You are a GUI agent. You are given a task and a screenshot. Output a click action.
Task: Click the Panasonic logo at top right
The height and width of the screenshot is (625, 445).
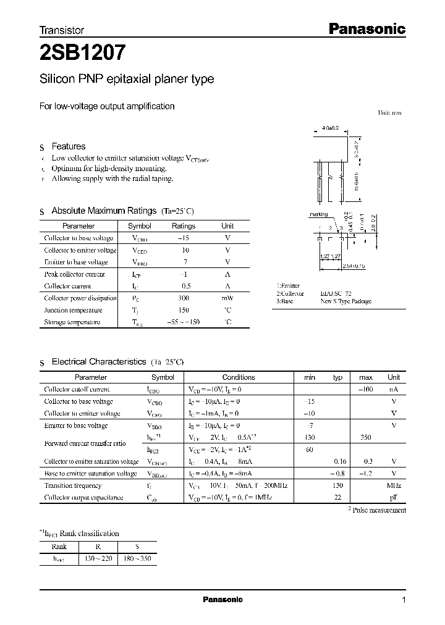point(366,28)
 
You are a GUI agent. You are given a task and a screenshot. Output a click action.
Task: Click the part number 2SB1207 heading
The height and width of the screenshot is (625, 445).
point(83,54)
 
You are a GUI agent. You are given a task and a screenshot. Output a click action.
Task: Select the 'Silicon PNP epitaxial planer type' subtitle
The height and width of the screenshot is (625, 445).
point(127,79)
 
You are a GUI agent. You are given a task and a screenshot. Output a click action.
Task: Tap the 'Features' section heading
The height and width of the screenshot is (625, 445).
point(68,146)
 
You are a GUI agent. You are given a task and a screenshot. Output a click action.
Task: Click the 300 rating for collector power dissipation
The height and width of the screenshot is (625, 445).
point(183,298)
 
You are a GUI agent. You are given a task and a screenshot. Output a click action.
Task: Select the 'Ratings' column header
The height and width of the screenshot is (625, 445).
point(183,226)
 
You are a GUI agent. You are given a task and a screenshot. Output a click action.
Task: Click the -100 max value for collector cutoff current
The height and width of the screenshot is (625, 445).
point(367,390)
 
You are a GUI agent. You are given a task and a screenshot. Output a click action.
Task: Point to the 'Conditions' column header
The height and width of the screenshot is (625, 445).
point(238,377)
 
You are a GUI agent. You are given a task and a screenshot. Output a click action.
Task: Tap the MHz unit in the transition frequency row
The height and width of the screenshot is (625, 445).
point(394,485)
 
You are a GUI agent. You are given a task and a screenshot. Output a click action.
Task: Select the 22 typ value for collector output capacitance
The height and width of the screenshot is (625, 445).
point(337,498)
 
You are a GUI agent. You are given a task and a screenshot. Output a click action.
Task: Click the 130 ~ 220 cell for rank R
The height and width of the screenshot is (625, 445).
point(100,558)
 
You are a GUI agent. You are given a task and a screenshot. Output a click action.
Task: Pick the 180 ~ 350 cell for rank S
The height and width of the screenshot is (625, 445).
point(137,558)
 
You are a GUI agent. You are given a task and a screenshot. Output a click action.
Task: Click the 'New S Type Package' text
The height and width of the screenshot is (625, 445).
point(346,301)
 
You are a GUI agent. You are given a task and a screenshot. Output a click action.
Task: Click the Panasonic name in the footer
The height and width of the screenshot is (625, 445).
point(222,600)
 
